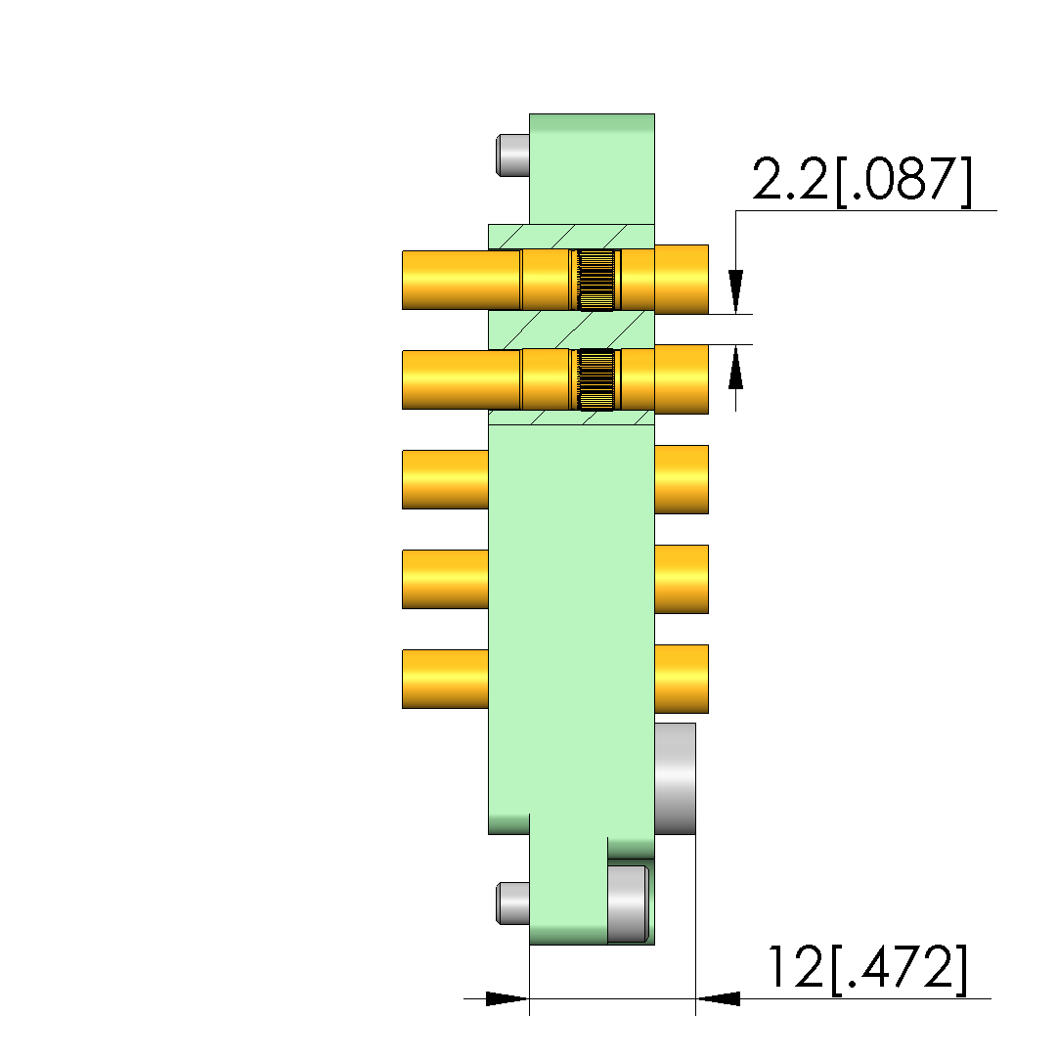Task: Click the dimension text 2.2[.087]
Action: tap(862, 180)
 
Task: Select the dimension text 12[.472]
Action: tap(867, 968)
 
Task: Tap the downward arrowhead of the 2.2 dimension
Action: tap(736, 291)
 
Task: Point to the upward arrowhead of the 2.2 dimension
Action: tap(736, 367)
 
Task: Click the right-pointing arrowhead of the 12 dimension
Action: tap(507, 998)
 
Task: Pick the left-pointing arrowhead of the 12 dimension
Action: tap(718, 998)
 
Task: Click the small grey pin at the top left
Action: tap(512, 155)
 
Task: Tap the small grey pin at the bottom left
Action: tap(512, 903)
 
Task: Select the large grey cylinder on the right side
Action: tap(675, 778)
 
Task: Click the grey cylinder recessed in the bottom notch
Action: tap(628, 903)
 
